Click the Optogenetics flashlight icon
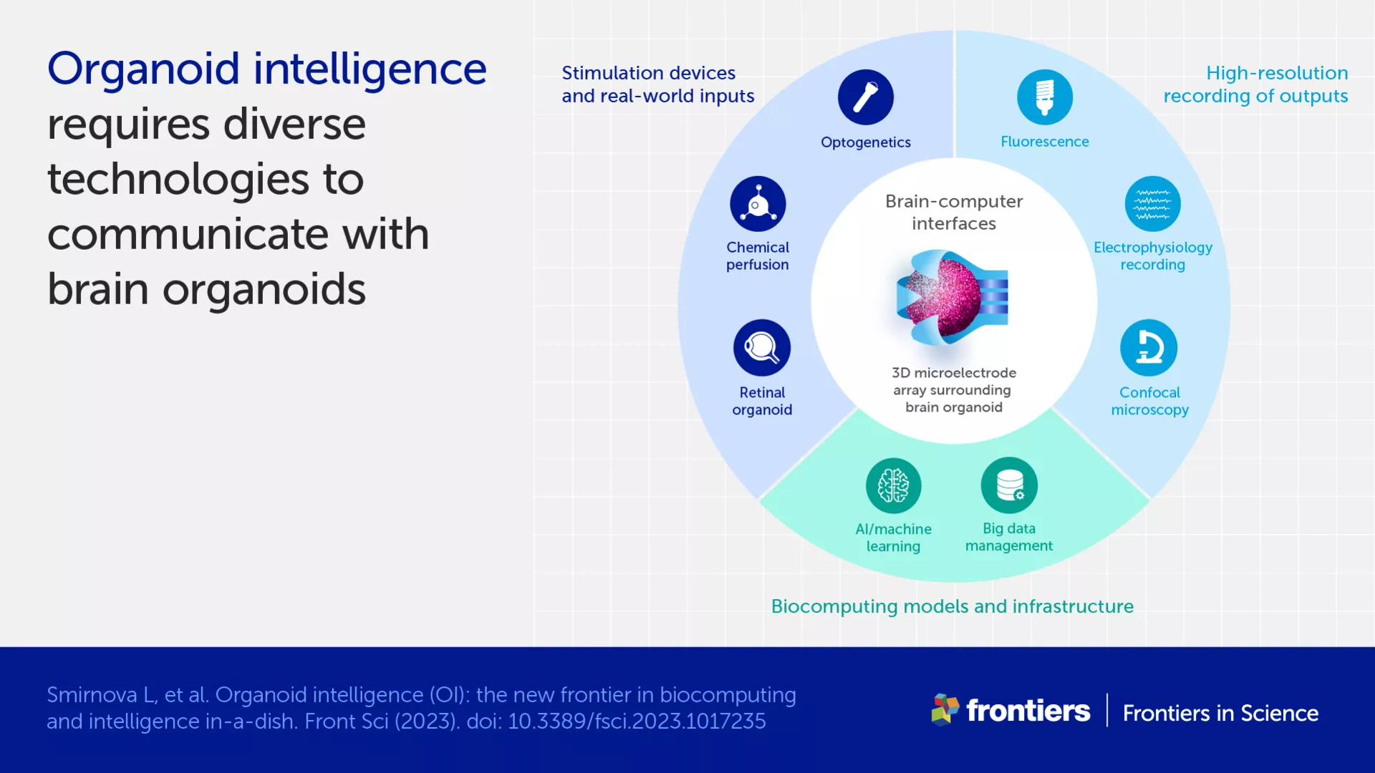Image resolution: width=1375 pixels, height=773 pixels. pos(865,97)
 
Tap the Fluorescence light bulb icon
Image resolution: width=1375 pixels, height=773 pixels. pos(1044,97)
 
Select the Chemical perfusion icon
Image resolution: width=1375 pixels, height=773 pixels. pos(758,204)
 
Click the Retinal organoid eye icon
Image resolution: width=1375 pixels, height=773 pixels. pos(761,348)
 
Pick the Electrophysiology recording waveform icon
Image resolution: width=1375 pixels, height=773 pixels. pos(1152,204)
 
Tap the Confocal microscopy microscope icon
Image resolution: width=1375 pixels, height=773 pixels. pos(1149,348)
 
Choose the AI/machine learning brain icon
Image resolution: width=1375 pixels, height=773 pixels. pos(893,485)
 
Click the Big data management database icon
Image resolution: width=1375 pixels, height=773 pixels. pos(1009,485)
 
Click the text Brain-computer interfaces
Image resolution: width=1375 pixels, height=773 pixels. pos(954,212)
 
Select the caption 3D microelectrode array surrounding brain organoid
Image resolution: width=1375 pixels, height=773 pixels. pos(954,390)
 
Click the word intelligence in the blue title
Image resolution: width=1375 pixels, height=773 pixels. pos(370,69)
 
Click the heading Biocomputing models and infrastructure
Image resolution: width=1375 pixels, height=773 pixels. pos(952,606)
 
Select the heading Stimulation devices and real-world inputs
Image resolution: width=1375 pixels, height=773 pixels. pos(657,84)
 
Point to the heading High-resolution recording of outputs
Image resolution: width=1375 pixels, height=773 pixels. pos(1255,84)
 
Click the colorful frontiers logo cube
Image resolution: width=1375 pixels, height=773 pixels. pos(945,709)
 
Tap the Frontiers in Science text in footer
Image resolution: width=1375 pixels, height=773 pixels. pos(1220,713)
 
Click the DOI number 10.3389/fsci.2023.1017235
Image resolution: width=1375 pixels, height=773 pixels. pos(637,721)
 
